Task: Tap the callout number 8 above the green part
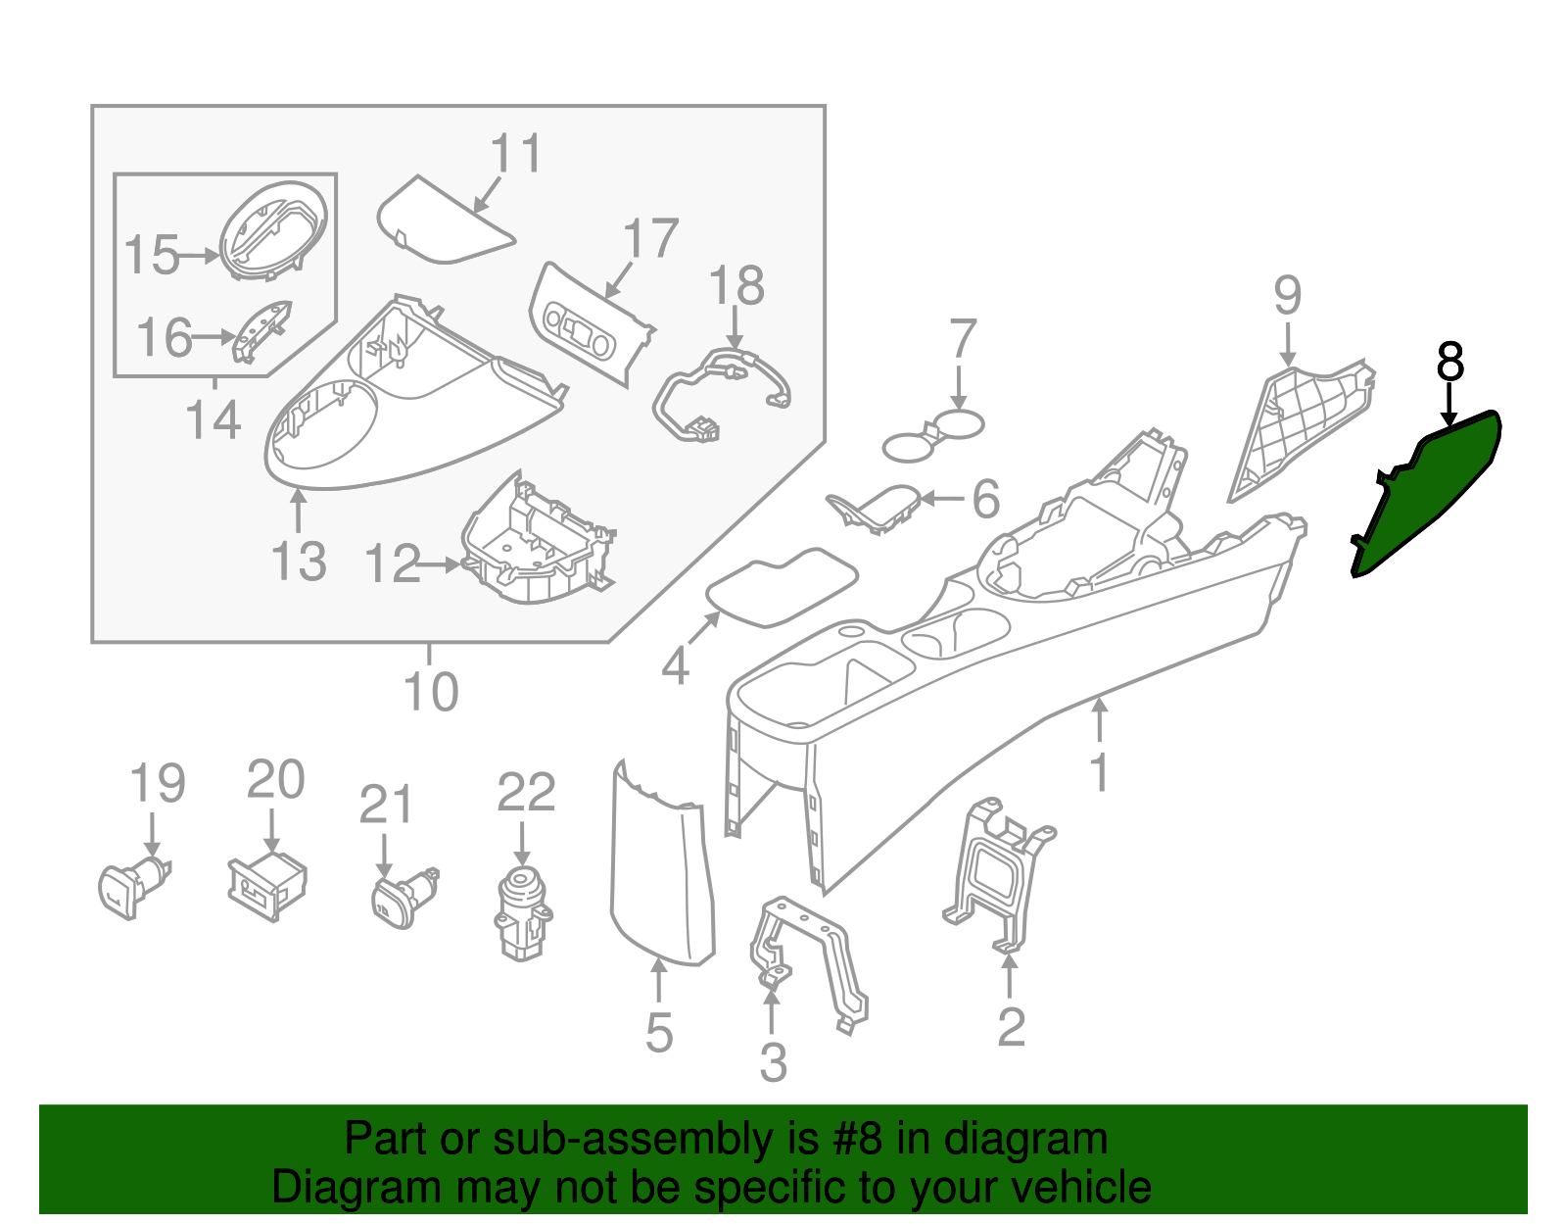(1449, 362)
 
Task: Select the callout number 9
(1287, 295)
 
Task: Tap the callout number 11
(516, 155)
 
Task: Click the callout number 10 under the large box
(431, 692)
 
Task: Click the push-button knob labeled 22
(524, 911)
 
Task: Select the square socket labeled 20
(267, 884)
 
